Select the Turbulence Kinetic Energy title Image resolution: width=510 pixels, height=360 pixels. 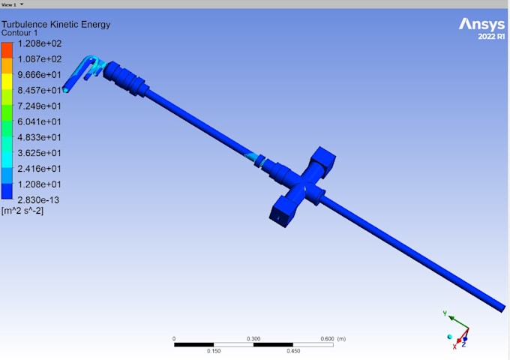click(x=56, y=25)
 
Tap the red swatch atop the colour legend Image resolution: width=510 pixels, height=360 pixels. click(x=7, y=49)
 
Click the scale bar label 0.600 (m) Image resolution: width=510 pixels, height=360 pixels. click(x=331, y=338)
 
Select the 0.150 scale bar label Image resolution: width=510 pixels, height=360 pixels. click(x=214, y=350)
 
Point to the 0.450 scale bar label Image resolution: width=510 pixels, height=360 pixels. click(x=292, y=350)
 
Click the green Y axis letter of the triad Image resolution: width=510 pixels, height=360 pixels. click(x=445, y=313)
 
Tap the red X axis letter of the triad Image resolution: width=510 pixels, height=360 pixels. click(x=454, y=346)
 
